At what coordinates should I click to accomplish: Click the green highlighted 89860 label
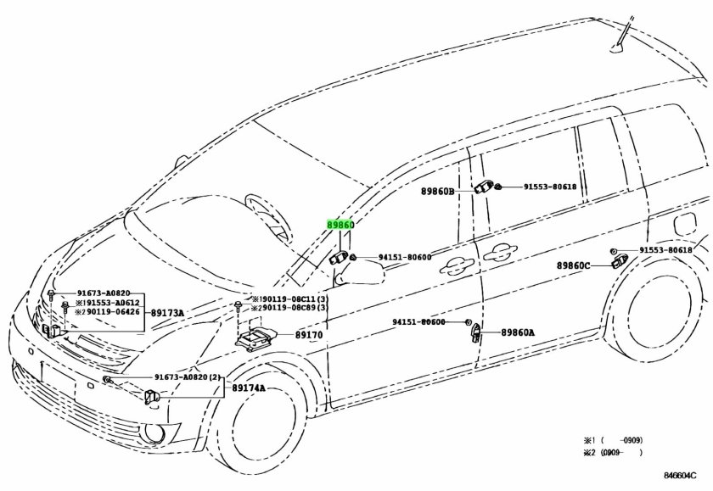(x=339, y=226)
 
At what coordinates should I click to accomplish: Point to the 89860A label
(x=518, y=333)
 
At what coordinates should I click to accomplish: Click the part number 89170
(x=309, y=335)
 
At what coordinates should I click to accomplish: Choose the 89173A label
(x=168, y=313)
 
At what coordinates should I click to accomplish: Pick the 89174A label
(x=250, y=388)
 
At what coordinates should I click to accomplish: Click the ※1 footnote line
(x=612, y=441)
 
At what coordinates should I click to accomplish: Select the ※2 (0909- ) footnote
(x=612, y=455)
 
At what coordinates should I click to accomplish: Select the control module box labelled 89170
(x=255, y=339)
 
